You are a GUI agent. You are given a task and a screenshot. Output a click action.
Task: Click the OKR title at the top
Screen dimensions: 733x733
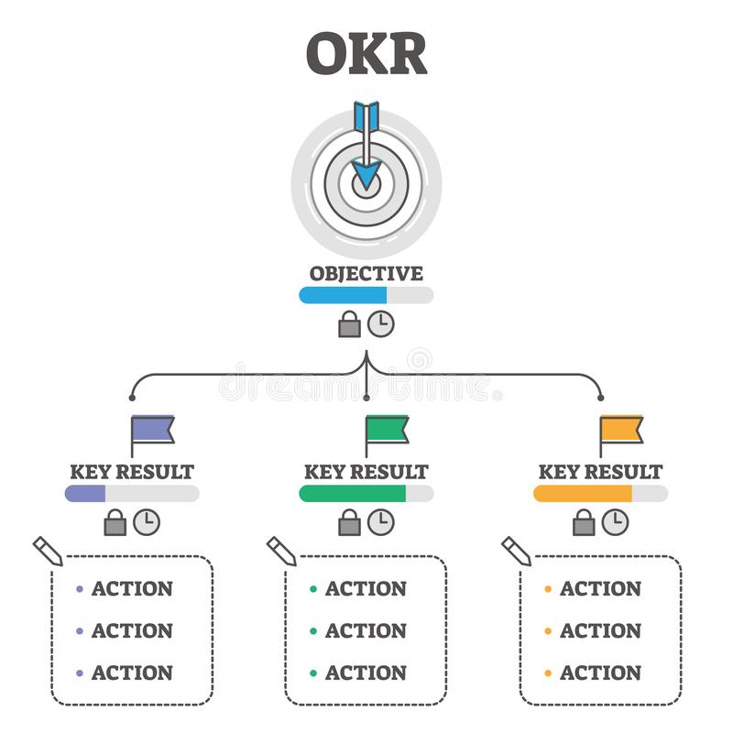[x=366, y=53]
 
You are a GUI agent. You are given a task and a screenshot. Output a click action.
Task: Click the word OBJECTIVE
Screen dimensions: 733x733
[x=366, y=273]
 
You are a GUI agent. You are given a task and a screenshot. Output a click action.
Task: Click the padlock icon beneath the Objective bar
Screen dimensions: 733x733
[x=350, y=324]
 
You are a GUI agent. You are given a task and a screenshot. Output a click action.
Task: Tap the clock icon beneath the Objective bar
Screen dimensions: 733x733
[x=380, y=324]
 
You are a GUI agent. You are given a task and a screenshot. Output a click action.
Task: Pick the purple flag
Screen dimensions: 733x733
[x=152, y=434]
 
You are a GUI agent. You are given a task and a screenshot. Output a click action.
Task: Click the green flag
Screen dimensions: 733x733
[x=387, y=434]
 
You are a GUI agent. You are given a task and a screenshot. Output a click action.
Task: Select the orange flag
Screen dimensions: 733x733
[x=621, y=434]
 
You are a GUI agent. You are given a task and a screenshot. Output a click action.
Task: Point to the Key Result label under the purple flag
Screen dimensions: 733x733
[x=132, y=472]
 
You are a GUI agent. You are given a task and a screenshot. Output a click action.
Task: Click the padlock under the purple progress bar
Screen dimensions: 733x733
[x=115, y=522]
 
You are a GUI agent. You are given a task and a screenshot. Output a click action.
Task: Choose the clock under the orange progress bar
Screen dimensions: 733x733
[x=615, y=522]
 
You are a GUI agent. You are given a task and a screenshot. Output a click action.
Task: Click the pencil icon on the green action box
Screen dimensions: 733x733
[x=281, y=551]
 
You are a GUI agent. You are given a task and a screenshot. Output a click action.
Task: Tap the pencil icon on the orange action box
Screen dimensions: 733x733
[x=516, y=551]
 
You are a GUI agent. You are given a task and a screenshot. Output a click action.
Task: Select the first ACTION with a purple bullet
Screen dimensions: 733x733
[x=132, y=588]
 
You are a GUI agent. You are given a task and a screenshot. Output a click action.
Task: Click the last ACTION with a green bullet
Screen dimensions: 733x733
[x=366, y=673]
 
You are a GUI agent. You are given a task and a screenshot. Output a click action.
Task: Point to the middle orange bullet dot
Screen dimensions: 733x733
[x=548, y=631]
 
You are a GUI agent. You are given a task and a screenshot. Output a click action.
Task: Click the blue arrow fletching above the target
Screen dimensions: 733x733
[x=366, y=116]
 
